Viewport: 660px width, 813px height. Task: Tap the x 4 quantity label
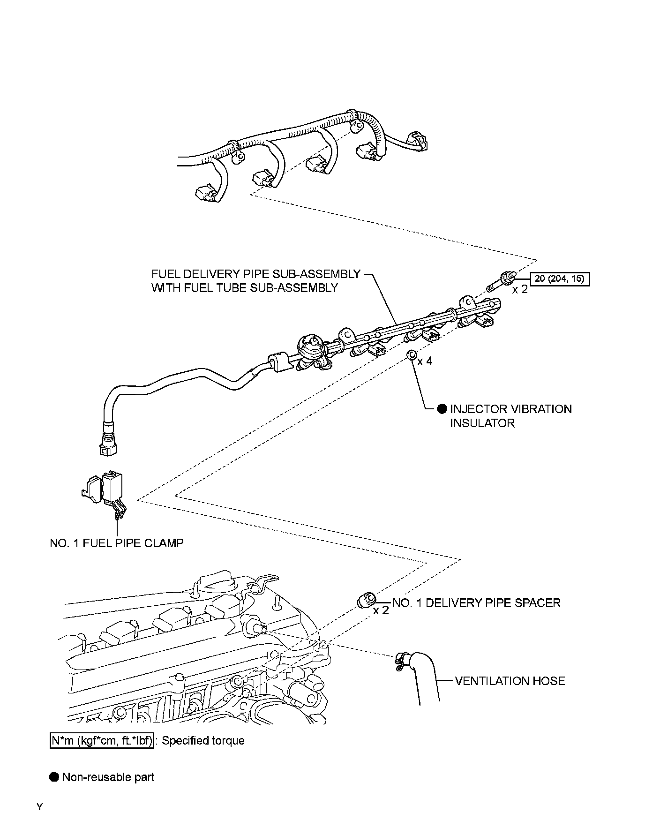tap(425, 361)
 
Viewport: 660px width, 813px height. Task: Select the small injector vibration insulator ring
tap(411, 355)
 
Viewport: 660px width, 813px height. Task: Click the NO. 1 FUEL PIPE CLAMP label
tap(117, 543)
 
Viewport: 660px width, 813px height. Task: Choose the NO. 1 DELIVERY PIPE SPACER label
tap(476, 603)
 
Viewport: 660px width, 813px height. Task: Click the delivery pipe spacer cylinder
tap(366, 600)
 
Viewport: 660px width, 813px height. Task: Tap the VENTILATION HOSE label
tap(510, 681)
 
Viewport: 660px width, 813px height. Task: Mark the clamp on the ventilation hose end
tap(401, 662)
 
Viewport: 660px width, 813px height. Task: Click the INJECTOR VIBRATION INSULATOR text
tap(510, 416)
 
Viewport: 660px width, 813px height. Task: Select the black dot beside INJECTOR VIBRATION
tap(442, 409)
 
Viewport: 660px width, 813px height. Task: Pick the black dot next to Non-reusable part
tap(54, 777)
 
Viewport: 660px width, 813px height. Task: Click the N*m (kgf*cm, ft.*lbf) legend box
tap(102, 741)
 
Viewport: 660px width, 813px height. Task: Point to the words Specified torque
tap(203, 741)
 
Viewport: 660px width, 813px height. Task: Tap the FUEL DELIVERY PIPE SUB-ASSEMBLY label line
tap(255, 274)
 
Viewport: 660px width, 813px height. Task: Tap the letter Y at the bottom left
tap(40, 807)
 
